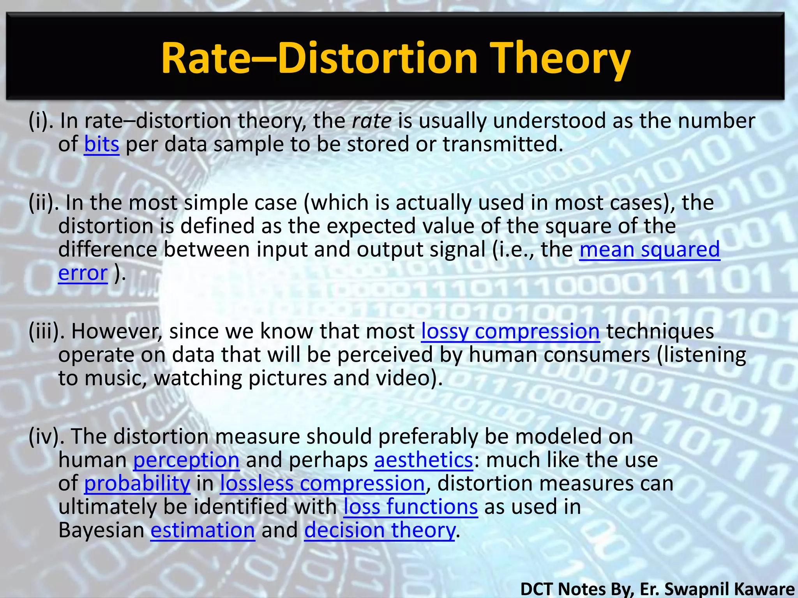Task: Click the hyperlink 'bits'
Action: click(x=101, y=144)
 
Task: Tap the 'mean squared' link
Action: click(x=650, y=250)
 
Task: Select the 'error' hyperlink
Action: click(x=83, y=273)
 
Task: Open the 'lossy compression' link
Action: click(x=510, y=332)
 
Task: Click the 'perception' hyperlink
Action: click(x=186, y=460)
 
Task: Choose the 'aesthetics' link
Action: click(x=424, y=460)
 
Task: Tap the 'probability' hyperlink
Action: click(x=137, y=484)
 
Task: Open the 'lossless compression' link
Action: click(x=322, y=484)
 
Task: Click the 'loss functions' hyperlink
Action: click(x=410, y=507)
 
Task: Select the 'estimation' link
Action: click(x=203, y=530)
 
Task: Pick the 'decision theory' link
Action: click(x=379, y=530)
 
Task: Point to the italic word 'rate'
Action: click(x=371, y=121)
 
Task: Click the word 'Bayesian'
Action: click(x=101, y=530)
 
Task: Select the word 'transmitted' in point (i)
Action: click(x=503, y=144)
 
